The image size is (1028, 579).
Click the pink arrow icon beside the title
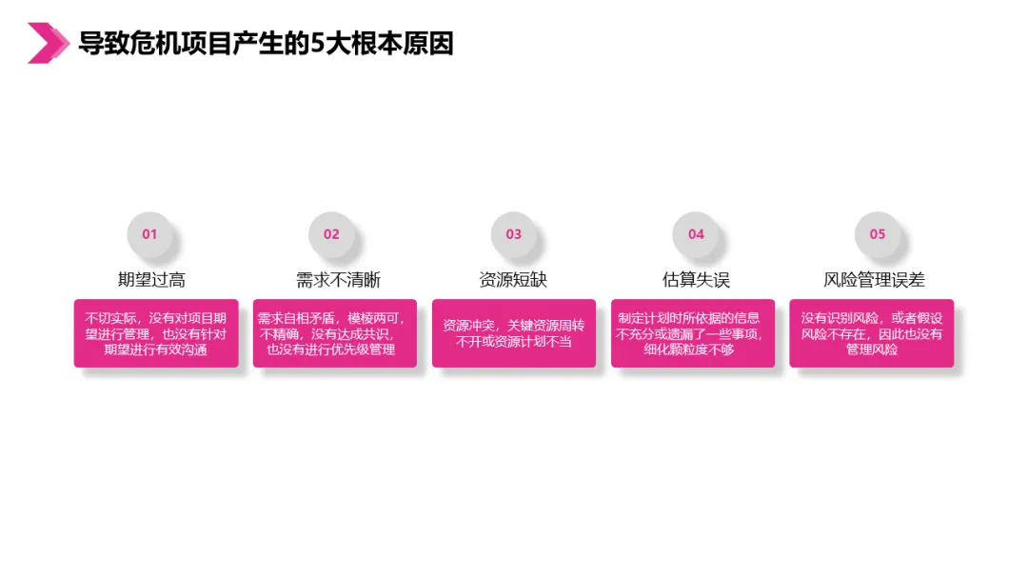[x=48, y=43]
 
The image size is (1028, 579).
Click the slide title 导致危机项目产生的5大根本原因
[x=267, y=44]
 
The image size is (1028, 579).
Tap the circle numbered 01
[x=149, y=234]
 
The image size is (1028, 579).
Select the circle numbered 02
[x=331, y=234]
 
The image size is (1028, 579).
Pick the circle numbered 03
[x=514, y=234]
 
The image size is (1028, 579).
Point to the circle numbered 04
[x=696, y=234]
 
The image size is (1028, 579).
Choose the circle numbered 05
[x=877, y=234]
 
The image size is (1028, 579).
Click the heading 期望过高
[x=151, y=280]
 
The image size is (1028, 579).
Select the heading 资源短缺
[x=513, y=280]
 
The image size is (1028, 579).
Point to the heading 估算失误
[x=696, y=280]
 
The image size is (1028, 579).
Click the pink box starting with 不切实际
[x=156, y=333]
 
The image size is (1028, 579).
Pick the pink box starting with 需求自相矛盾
[x=335, y=333]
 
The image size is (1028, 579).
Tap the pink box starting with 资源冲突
[x=514, y=333]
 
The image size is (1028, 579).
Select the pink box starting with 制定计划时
[x=693, y=333]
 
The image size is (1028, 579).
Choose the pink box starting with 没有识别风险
[x=872, y=333]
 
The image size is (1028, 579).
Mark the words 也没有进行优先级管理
[x=330, y=349]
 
